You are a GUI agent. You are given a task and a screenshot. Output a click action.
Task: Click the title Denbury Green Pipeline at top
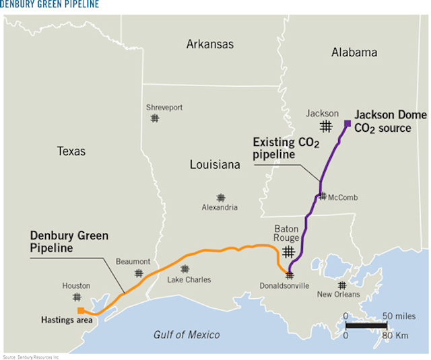51,5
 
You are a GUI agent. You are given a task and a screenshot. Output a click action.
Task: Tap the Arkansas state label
209,44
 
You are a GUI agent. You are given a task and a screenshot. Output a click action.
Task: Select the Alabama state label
354,52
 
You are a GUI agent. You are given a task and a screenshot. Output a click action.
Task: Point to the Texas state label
71,151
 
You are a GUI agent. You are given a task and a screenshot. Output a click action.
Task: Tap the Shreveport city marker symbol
155,118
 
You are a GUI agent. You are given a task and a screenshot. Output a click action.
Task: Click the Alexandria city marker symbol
221,198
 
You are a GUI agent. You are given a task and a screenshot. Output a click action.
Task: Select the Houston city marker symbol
77,297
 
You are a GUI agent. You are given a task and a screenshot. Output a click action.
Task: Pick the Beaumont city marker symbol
139,273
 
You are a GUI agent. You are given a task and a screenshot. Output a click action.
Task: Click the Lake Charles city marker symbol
185,269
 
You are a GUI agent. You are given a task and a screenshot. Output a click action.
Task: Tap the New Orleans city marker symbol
342,285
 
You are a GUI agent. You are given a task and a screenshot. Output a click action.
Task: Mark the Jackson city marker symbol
326,127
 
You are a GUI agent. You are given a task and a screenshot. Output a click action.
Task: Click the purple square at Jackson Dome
347,123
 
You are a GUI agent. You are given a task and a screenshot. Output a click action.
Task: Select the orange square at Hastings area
80,310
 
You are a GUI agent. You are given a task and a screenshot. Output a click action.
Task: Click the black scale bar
367,326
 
